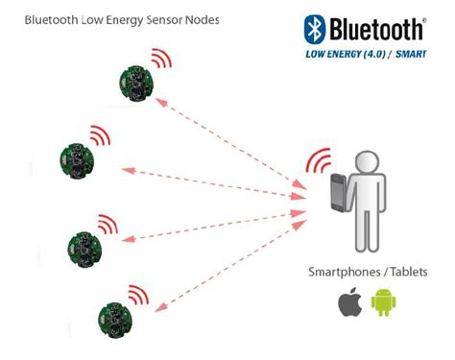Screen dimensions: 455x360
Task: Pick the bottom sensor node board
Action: pos(114,317)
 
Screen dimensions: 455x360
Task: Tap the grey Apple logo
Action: pos(348,304)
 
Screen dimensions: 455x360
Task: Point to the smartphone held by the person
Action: pos(337,193)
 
